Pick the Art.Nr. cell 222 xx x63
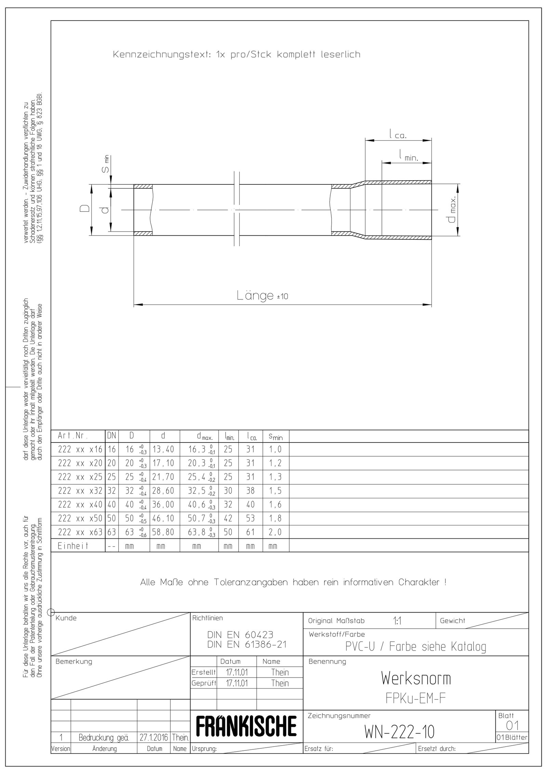coord(80,532)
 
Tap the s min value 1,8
coord(275,519)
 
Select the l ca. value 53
coord(251,519)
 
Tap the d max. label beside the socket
coord(452,209)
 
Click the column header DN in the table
coord(111,436)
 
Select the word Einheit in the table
coord(73,546)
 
